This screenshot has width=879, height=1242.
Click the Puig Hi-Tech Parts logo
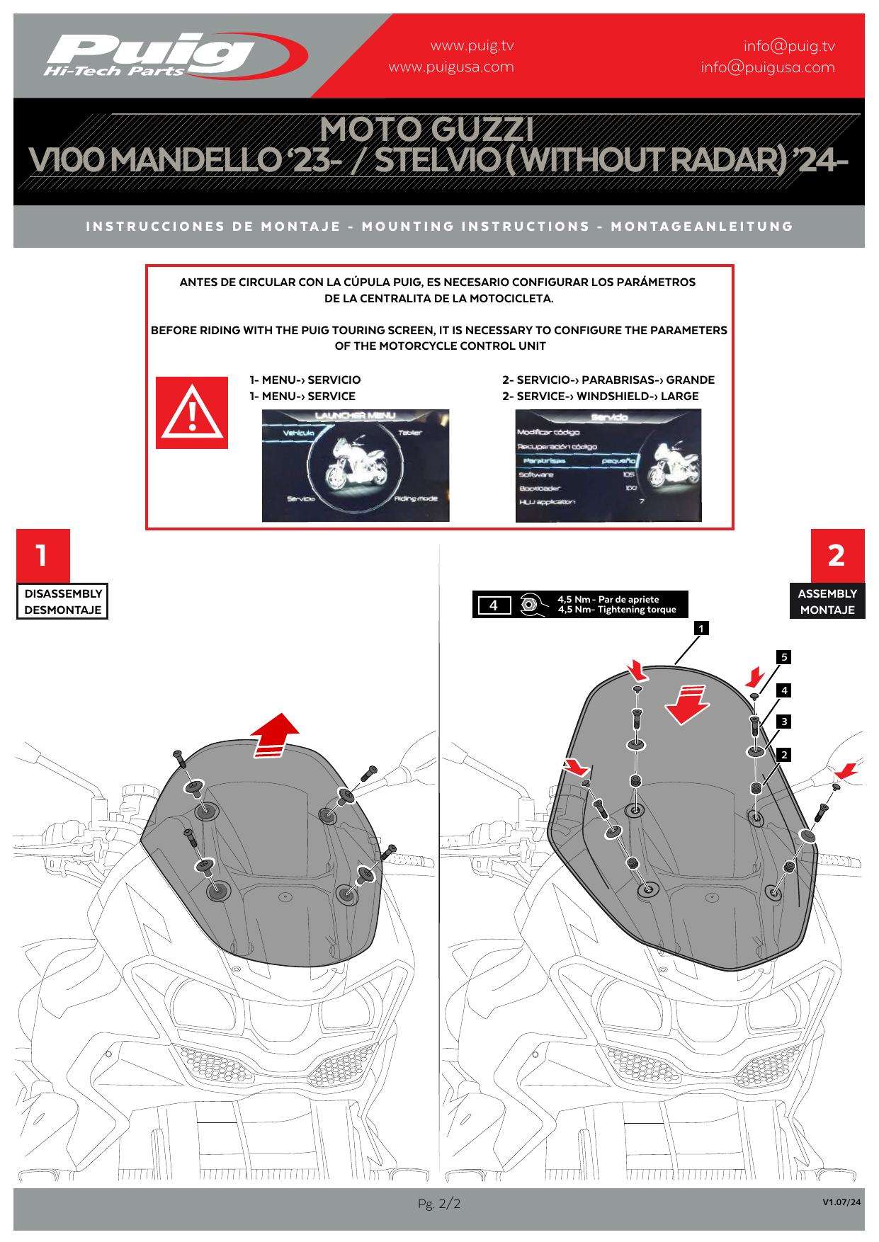174,55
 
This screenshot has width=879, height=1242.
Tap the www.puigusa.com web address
451,67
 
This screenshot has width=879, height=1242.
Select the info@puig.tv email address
789,47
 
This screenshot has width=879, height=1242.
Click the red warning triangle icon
192,413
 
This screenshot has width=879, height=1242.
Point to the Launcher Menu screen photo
356,465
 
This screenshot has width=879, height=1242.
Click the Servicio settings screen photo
608,465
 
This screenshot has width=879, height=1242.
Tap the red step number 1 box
42,555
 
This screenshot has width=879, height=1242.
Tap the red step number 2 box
837,555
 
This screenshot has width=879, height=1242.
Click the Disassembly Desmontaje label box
63,602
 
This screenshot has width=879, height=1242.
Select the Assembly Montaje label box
827,602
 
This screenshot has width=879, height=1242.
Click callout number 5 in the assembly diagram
783,657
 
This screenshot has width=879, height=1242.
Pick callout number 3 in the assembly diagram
783,722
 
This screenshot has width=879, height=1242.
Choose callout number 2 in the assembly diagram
783,755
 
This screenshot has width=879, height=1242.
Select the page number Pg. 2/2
439,1204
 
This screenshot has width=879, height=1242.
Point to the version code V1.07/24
843,1202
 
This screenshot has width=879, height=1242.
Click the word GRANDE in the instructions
690,380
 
